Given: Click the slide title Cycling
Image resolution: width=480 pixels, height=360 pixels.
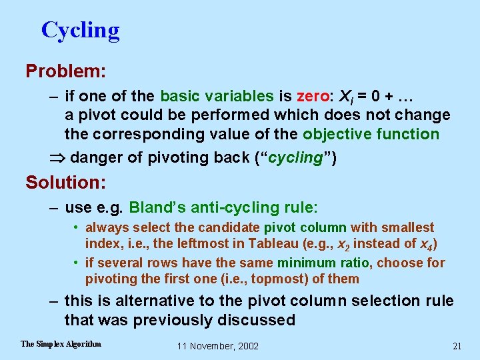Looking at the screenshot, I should [x=80, y=30].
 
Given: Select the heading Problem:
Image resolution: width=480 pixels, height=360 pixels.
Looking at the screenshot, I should [x=66, y=71].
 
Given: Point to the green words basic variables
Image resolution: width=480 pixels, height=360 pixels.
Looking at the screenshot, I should [x=217, y=97].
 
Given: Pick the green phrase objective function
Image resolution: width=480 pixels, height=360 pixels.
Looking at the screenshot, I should [x=371, y=134].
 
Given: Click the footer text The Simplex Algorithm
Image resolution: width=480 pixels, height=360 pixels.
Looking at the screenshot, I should [x=61, y=344].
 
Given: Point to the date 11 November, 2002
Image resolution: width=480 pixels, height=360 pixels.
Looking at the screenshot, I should [x=218, y=345].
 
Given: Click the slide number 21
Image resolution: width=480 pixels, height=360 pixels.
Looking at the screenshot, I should [x=457, y=345].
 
